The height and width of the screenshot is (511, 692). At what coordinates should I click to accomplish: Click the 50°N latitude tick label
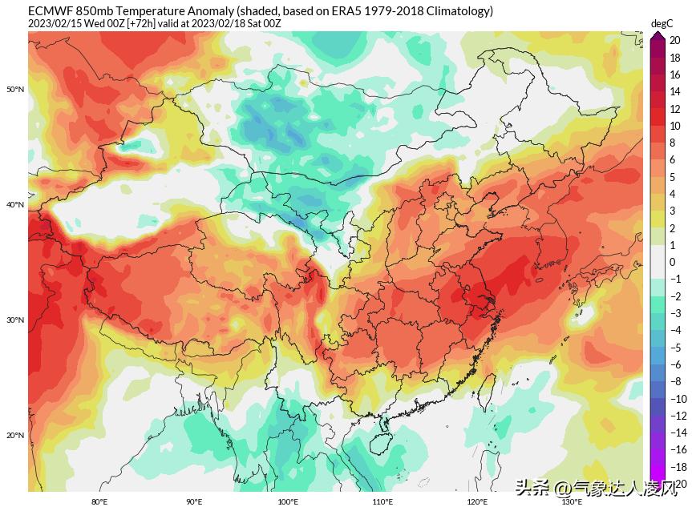coord(16,89)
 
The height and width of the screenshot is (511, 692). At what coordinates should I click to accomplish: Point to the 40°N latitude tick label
coord(16,205)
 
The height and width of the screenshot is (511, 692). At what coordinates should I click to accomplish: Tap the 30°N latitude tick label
coord(16,320)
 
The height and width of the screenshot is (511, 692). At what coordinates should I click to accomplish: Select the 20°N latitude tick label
coord(16,436)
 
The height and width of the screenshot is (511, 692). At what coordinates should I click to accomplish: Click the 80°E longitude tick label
coord(99,502)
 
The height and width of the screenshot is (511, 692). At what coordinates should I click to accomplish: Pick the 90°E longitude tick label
coord(194,502)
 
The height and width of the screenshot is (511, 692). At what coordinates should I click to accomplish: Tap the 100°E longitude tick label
coord(288,502)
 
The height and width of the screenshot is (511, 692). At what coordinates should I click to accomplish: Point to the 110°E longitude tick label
coord(382,502)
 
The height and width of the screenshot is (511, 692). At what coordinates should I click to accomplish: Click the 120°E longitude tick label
coord(477,502)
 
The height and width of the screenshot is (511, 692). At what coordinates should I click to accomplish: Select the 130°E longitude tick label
coord(571,502)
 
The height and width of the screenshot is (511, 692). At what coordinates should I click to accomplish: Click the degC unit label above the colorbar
coord(662,24)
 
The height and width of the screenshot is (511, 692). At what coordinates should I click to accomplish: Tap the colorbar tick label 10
coord(675,126)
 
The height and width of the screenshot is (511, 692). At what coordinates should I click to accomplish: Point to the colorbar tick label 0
coord(673,262)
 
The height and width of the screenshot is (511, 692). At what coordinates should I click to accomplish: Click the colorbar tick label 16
coord(675,74)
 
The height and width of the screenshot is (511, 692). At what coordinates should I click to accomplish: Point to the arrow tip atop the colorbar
coord(658,34)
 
